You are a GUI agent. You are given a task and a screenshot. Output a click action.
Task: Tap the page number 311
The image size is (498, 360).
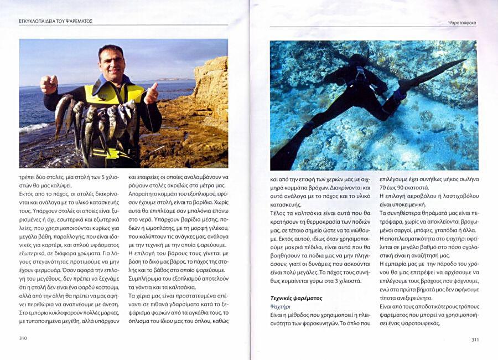pos(475,340)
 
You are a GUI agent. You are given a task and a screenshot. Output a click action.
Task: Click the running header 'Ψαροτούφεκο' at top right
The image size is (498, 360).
pos(462,23)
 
